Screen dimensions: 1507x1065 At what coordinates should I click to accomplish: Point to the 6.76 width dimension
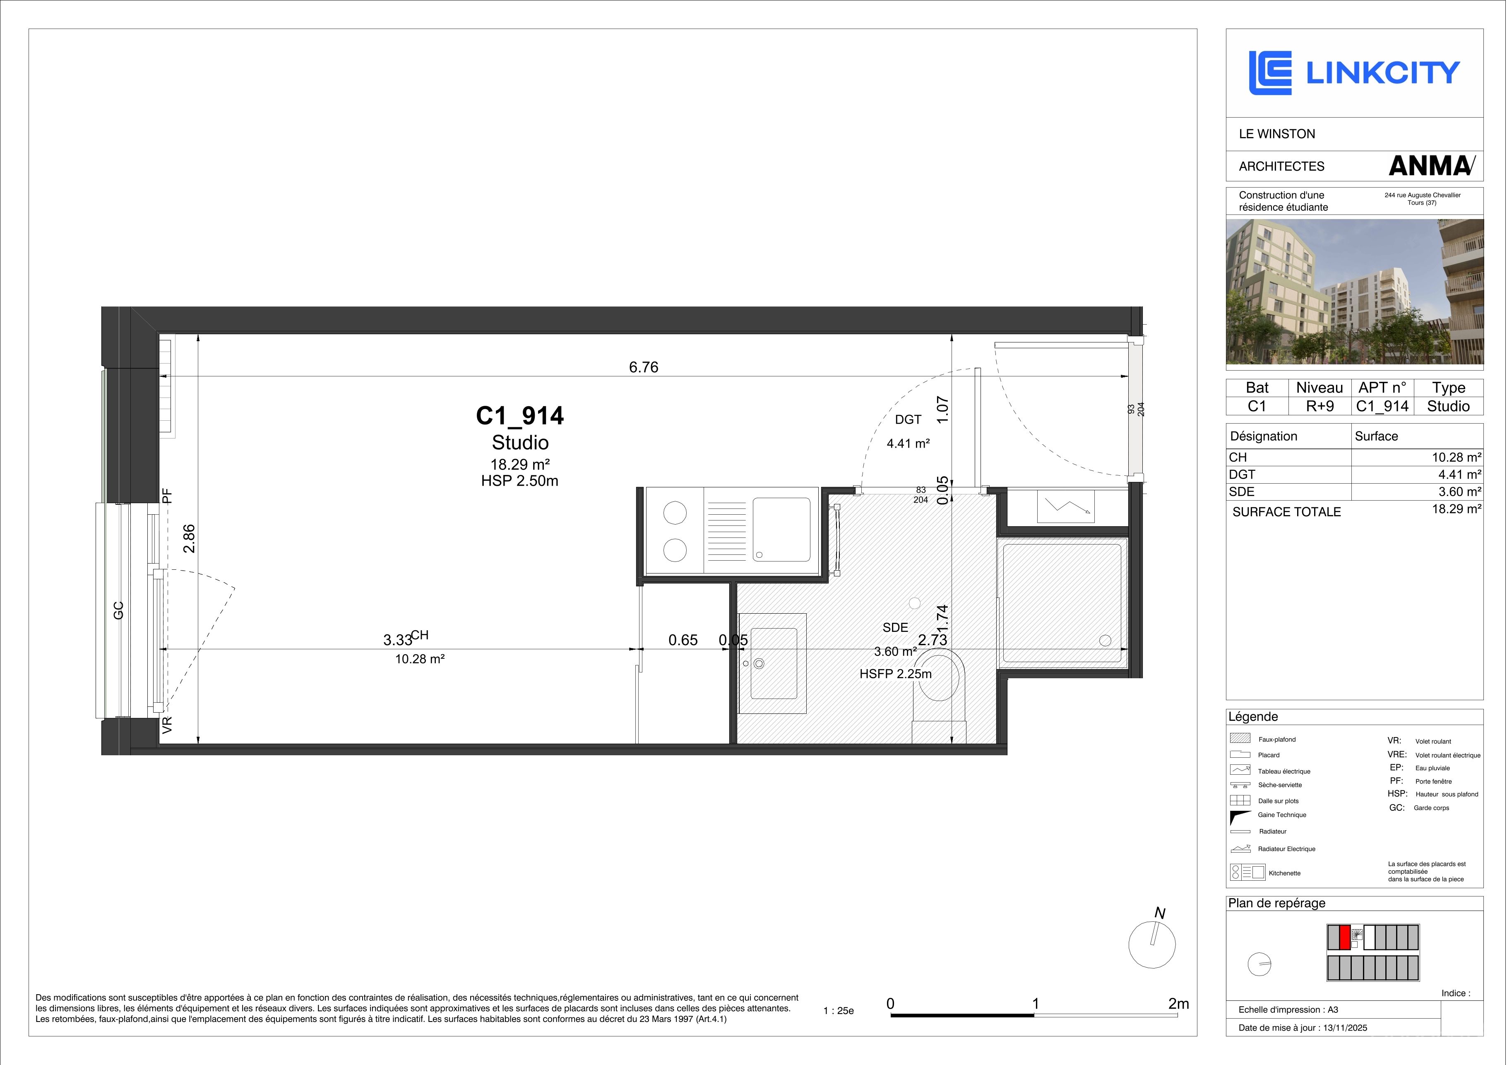point(643,367)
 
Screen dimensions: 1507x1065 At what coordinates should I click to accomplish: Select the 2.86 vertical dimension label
point(189,538)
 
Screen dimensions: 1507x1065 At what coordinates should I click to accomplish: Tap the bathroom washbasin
point(772,663)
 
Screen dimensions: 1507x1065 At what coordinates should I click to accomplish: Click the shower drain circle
point(1105,640)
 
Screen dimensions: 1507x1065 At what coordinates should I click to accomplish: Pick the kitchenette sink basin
point(781,529)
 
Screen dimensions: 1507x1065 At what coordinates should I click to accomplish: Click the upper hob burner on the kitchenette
point(675,513)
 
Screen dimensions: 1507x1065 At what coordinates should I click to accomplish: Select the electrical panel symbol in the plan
point(1066,507)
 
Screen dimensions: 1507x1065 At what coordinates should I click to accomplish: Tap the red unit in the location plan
point(1345,937)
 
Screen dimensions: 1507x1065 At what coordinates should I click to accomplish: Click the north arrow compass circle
point(1152,944)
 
